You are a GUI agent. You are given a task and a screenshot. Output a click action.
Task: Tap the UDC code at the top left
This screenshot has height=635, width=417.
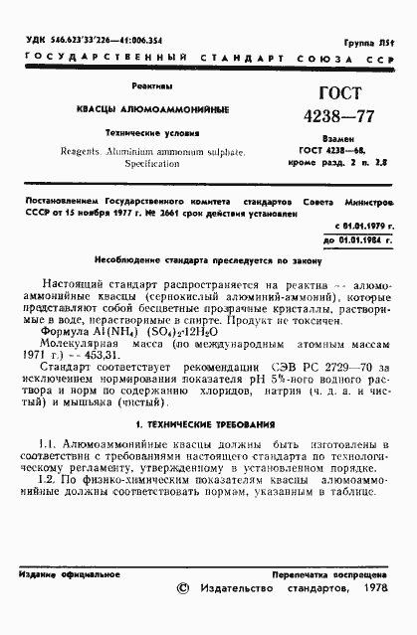[x=79, y=39]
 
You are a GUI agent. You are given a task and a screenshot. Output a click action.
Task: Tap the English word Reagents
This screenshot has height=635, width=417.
[x=91, y=145]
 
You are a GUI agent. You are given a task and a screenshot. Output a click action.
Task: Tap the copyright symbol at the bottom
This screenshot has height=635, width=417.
[x=181, y=588]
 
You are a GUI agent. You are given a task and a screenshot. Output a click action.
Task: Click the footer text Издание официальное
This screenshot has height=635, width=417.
[x=65, y=574]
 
